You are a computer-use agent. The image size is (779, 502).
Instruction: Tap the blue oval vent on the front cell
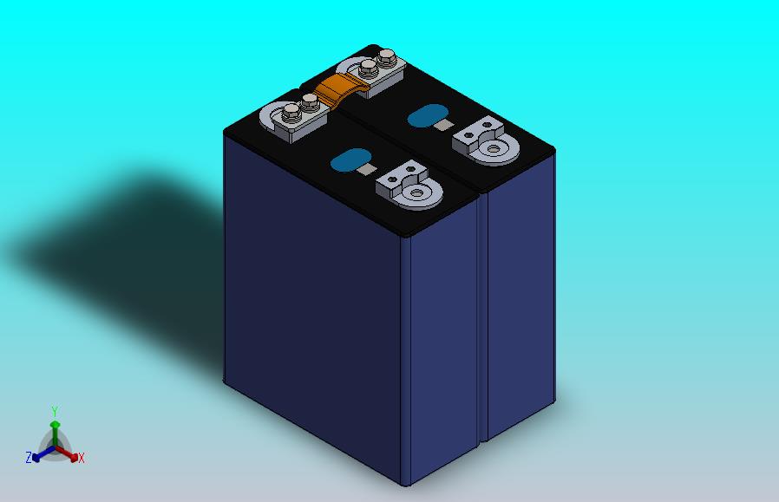pyautogui.click(x=350, y=160)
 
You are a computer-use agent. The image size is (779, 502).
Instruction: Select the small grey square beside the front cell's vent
pyautogui.click(x=367, y=169)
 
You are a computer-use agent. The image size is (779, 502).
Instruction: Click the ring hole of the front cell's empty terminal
pyautogui.click(x=416, y=192)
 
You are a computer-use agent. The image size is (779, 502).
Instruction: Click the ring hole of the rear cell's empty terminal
pyautogui.click(x=493, y=148)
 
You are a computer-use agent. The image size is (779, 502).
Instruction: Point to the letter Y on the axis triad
pyautogui.click(x=55, y=412)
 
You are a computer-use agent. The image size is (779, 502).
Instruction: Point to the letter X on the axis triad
pyautogui.click(x=82, y=458)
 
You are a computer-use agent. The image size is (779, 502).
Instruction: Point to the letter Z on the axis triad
pyautogui.click(x=29, y=457)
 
